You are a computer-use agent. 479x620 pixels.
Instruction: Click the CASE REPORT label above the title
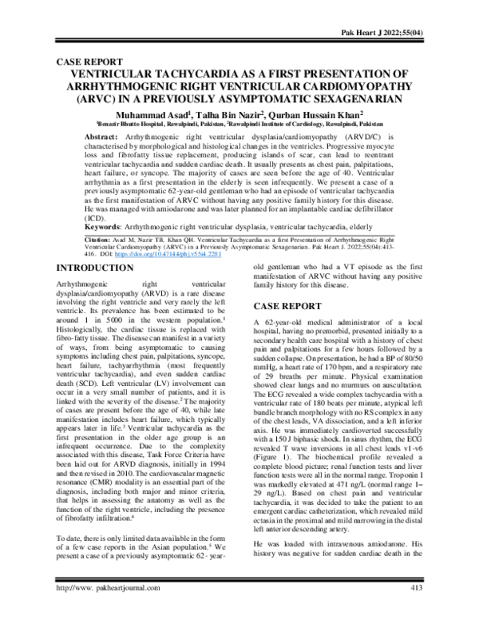(88, 61)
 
